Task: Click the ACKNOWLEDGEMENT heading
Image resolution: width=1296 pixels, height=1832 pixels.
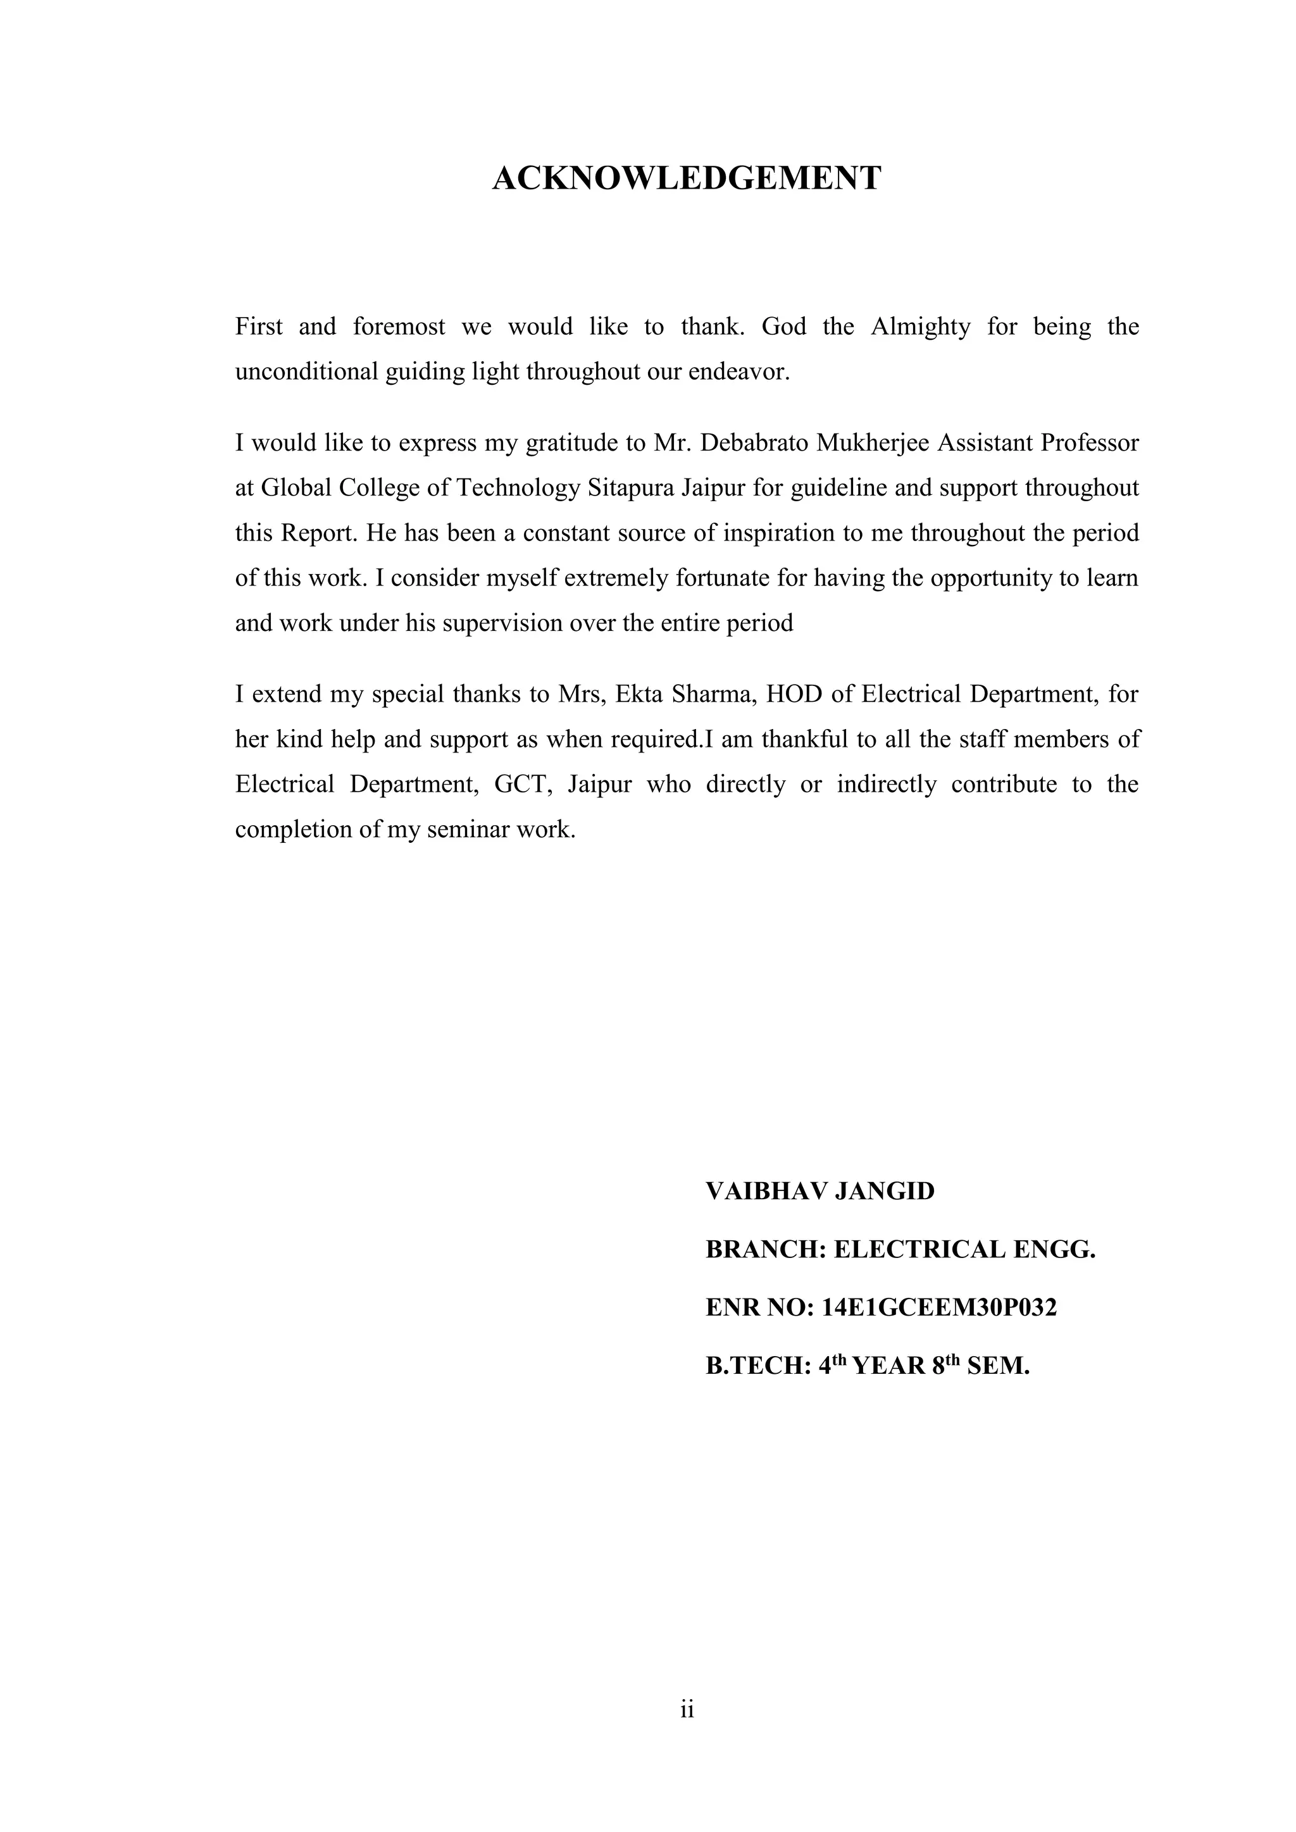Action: click(687, 177)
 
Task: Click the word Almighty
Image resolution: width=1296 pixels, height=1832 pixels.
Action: click(919, 327)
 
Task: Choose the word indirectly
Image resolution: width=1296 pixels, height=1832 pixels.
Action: click(886, 784)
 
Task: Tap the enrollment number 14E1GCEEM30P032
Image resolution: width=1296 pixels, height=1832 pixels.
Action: click(938, 1308)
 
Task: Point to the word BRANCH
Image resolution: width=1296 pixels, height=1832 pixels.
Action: click(764, 1250)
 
